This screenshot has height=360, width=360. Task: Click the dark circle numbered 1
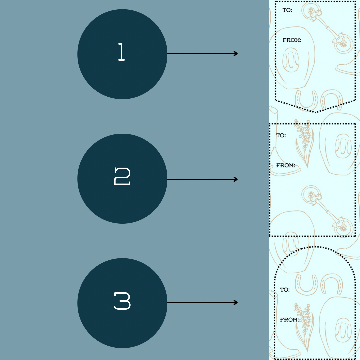tap(122, 54)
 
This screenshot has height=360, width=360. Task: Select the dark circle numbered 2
tap(122, 179)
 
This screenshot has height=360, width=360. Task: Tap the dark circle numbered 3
tap(122, 303)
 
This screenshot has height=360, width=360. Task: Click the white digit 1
tap(121, 52)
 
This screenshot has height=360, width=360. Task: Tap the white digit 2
tap(122, 176)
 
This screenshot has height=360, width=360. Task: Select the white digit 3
tap(122, 301)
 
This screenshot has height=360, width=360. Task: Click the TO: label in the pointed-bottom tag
tap(287, 10)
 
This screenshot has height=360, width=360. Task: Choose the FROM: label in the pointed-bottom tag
tap(292, 40)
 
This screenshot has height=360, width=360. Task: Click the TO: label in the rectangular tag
tap(281, 135)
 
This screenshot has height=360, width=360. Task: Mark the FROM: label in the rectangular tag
tap(286, 165)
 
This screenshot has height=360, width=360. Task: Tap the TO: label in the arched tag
tap(285, 290)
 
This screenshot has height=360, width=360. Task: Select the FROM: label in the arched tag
tap(290, 320)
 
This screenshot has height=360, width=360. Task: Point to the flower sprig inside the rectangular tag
tap(304, 143)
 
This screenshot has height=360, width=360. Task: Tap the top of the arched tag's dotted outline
tap(315, 247)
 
